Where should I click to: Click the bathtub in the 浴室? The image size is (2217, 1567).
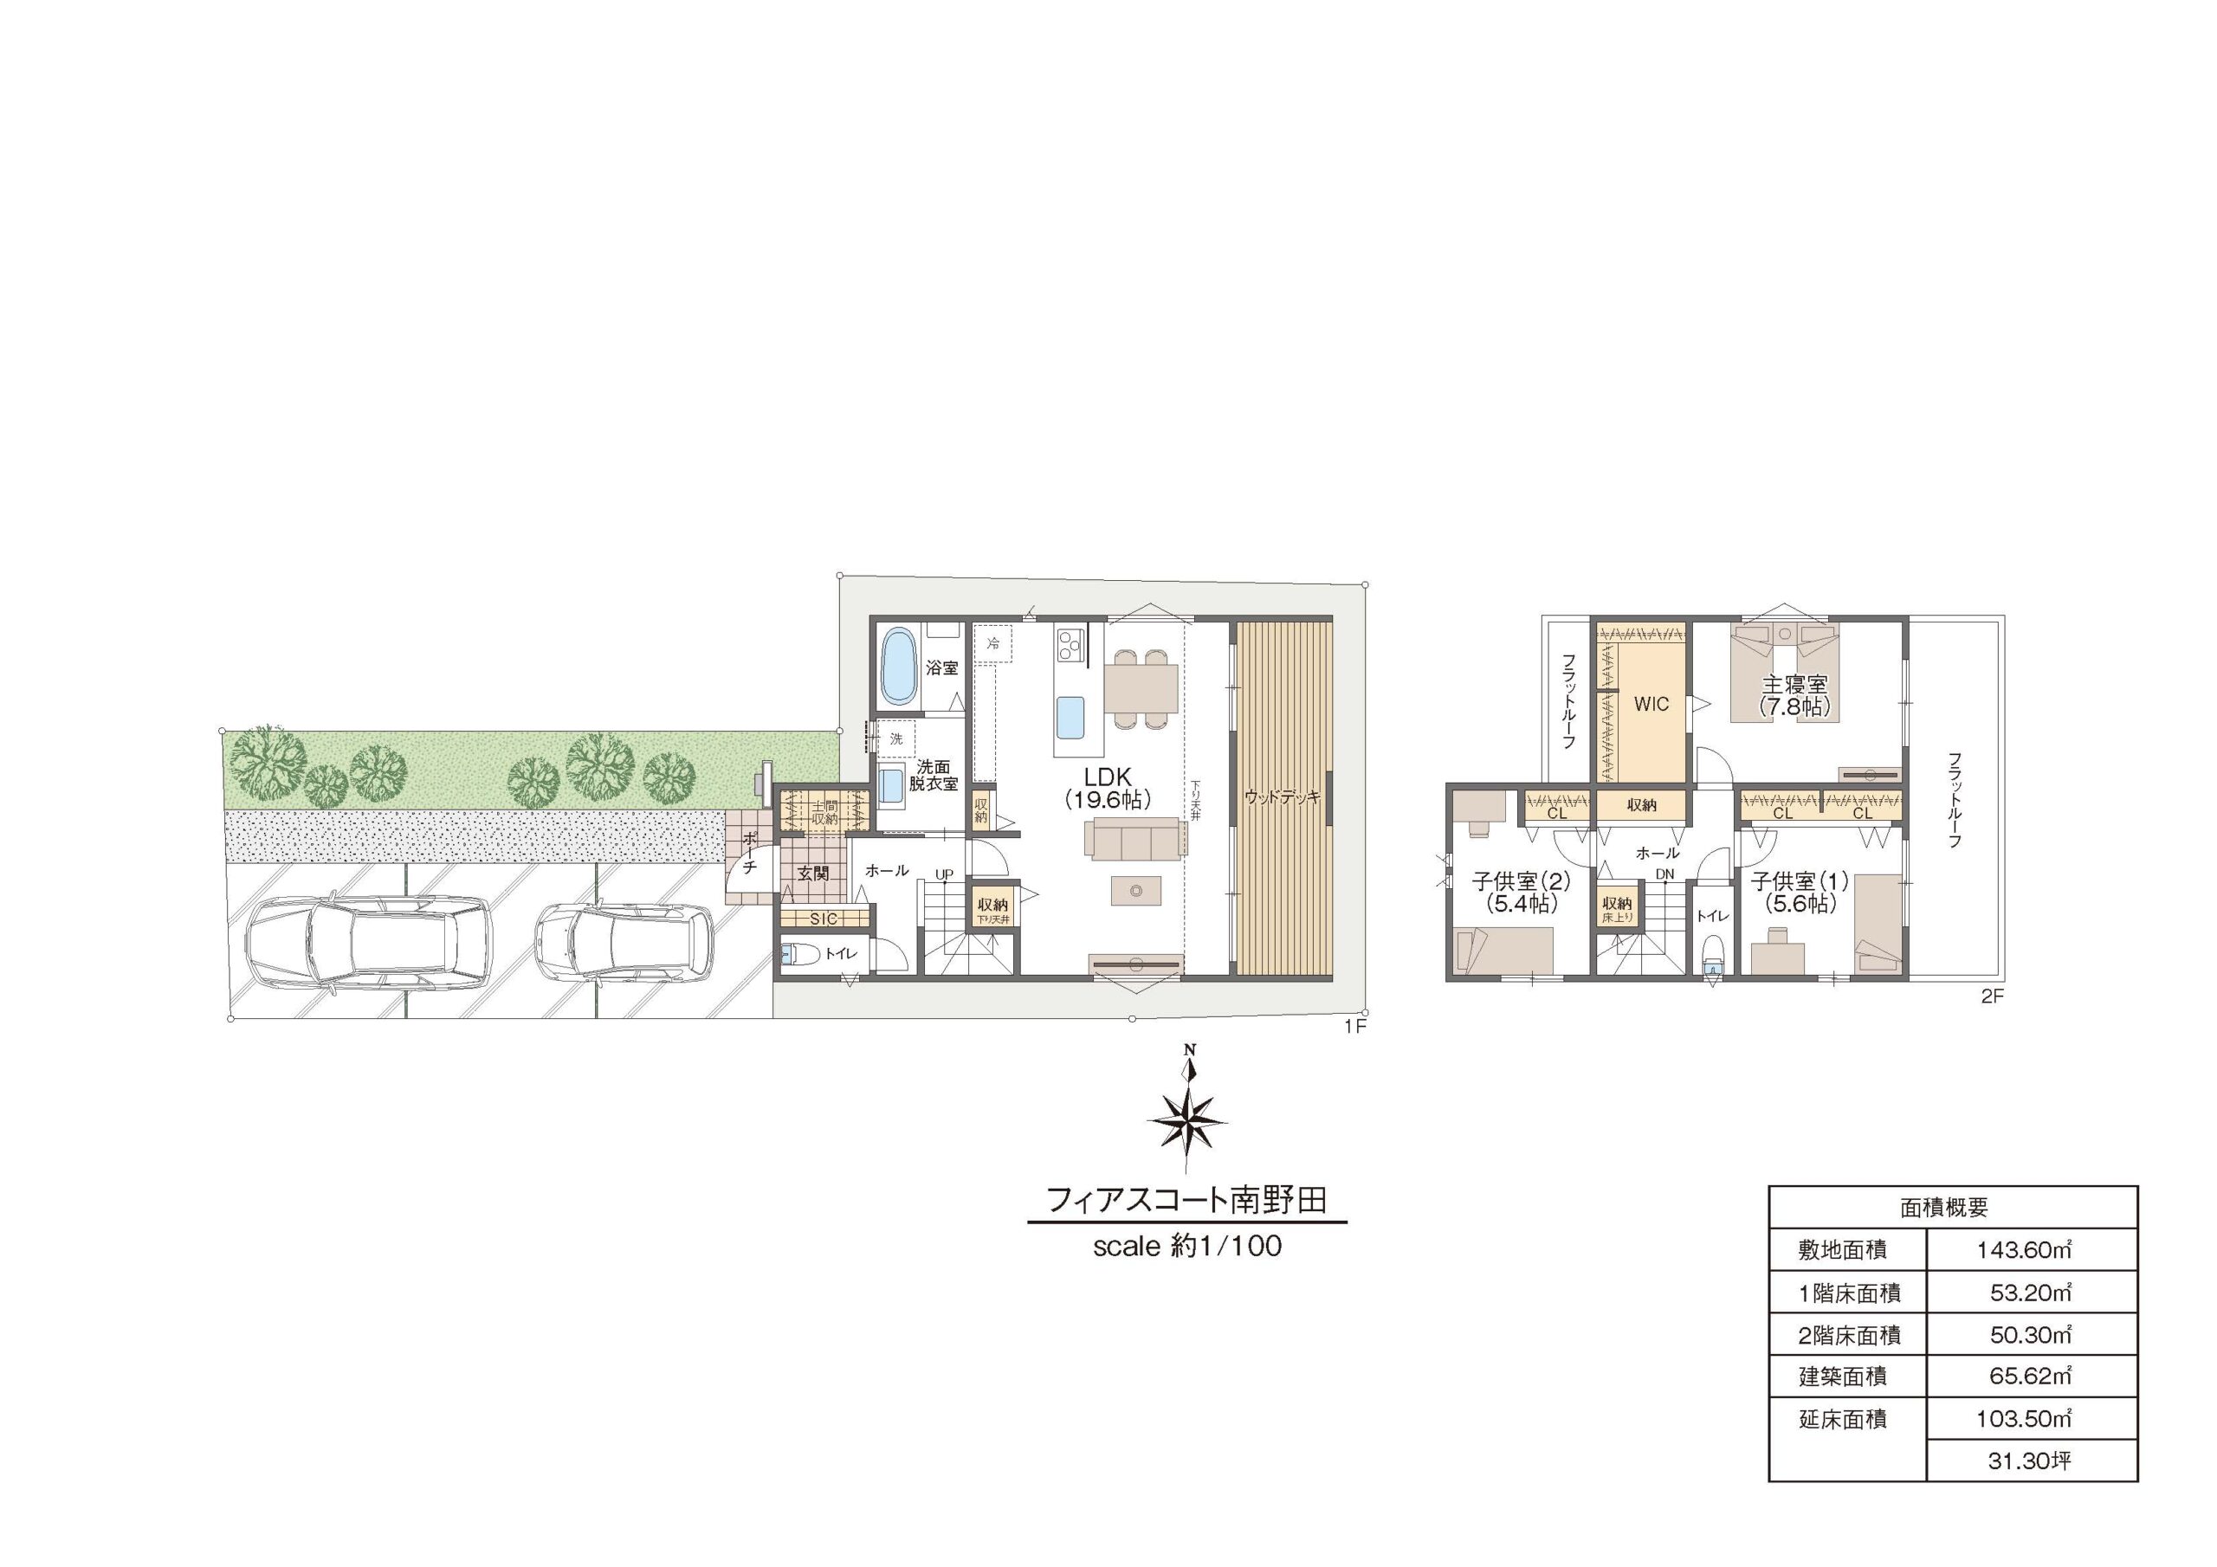[x=899, y=667]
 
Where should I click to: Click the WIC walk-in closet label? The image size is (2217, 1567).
[x=1651, y=704]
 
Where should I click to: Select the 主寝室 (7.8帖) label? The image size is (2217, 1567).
[x=1794, y=694]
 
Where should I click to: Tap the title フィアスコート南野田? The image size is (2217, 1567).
[x=1186, y=1200]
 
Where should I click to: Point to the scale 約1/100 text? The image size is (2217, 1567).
[x=1186, y=1247]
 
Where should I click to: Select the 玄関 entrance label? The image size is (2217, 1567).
[x=814, y=873]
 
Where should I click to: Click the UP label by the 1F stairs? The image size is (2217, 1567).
[x=943, y=874]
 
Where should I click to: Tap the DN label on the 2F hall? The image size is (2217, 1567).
[x=1664, y=874]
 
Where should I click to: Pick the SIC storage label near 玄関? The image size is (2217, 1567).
[x=824, y=919]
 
